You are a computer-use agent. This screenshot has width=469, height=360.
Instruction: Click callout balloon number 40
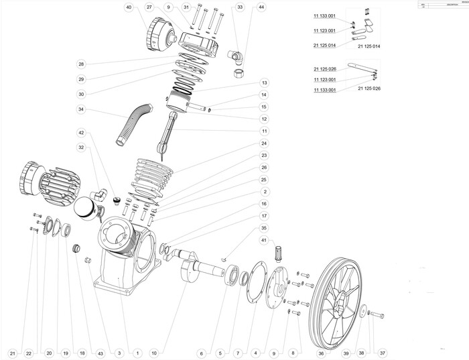click(x=129, y=7)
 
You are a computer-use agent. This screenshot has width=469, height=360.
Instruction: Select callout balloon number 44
click(x=261, y=7)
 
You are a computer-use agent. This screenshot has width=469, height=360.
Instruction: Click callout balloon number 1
click(x=137, y=353)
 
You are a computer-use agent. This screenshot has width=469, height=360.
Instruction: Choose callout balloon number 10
click(x=153, y=353)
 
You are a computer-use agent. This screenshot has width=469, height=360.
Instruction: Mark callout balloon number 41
click(x=264, y=240)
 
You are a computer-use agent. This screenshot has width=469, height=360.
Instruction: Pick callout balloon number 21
click(x=11, y=353)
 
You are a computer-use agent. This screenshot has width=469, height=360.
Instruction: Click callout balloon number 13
click(x=265, y=82)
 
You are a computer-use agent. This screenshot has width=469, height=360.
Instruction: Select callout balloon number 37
click(x=383, y=353)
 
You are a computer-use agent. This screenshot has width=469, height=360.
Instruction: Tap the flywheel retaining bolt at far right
click(x=373, y=314)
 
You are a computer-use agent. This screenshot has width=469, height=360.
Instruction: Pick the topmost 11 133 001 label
click(x=324, y=15)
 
